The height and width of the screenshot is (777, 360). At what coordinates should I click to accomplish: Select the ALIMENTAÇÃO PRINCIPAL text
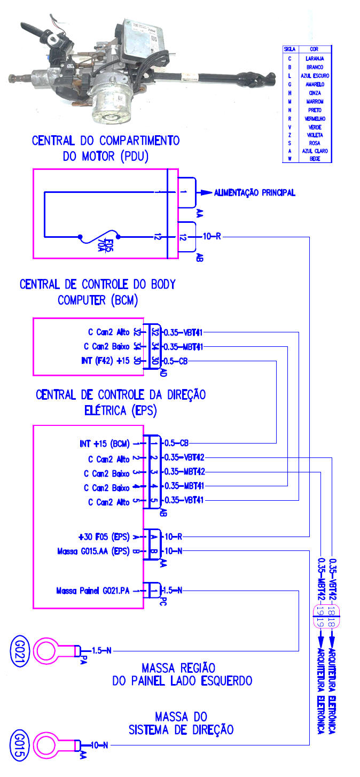(x=255, y=192)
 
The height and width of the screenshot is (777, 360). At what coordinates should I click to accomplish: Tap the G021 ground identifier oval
(x=17, y=650)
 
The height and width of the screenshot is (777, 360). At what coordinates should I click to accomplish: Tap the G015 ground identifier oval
(x=17, y=744)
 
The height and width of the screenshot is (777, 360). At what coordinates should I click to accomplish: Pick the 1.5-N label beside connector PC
(x=172, y=590)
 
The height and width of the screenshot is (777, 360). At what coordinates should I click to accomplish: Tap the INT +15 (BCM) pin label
(x=105, y=443)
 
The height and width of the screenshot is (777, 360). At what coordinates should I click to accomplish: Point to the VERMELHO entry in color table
(x=315, y=118)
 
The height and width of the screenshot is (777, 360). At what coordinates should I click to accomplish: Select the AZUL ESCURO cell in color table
(x=315, y=76)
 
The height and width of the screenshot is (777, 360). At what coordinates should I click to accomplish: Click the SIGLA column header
(x=289, y=49)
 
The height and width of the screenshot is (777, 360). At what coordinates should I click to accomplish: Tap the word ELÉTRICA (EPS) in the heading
(x=120, y=411)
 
